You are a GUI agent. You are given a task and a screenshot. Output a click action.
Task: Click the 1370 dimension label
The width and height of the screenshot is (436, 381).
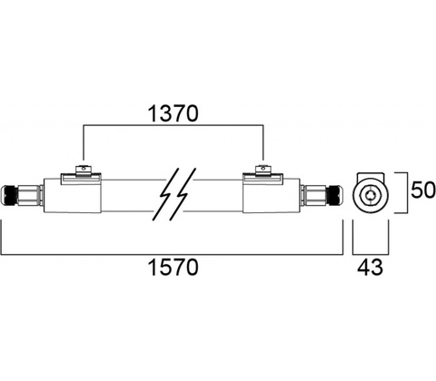tap(173, 113)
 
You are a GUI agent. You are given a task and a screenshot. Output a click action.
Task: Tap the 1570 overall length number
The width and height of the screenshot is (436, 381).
tap(173, 268)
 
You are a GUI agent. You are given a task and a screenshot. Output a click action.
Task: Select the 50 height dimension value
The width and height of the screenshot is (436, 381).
tap(423, 190)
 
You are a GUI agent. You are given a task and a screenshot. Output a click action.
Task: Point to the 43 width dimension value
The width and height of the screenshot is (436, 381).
tap(370, 268)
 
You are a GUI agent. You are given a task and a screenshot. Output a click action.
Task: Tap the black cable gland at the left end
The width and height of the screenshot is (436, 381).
tap(9, 196)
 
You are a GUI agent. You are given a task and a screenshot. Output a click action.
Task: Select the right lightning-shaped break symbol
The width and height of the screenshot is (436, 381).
tap(183, 193)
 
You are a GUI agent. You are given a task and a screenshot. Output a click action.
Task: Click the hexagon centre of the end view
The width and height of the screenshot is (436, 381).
tap(371, 196)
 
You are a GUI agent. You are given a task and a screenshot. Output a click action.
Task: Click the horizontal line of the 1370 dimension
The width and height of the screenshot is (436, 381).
tap(173, 124)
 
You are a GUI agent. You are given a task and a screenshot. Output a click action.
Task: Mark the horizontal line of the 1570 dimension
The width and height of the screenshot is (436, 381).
tap(173, 255)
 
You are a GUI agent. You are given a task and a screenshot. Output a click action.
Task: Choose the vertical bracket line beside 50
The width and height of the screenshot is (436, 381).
tap(405, 192)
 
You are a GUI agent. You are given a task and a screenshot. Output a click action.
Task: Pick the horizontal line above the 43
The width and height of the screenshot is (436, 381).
tap(371, 254)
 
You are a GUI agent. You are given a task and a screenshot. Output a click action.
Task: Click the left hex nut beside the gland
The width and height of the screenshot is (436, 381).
tap(29, 196)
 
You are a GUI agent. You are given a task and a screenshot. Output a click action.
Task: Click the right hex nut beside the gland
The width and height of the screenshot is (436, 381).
tap(316, 196)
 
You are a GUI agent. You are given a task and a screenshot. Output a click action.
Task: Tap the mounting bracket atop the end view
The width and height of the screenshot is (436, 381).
tap(371, 176)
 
